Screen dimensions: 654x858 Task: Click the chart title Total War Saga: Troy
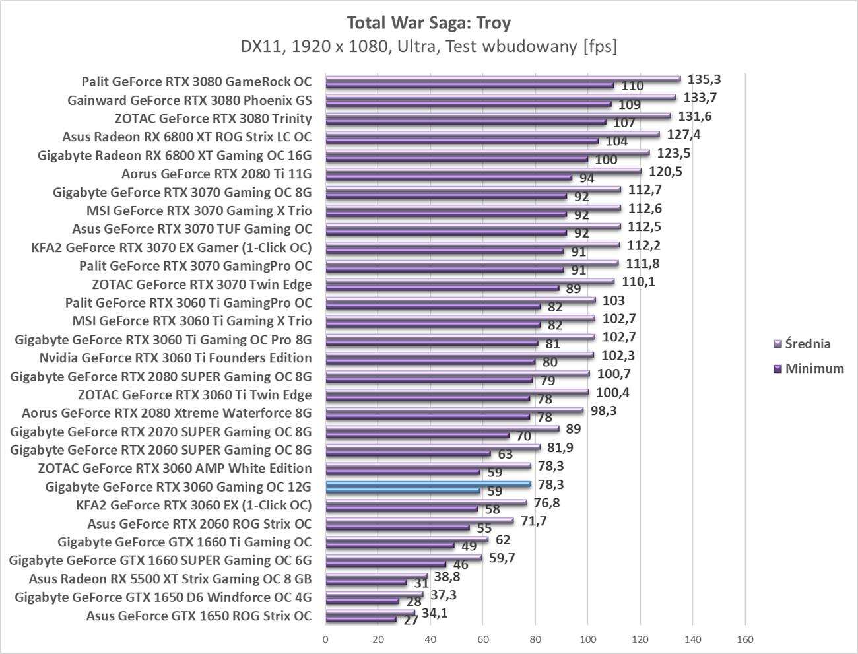[x=428, y=23]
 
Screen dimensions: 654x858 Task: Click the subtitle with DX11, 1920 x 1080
[x=428, y=46]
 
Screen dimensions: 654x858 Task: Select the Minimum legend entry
[x=814, y=369]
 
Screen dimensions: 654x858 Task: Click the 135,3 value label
[x=704, y=79]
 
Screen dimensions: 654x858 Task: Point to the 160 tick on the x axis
[x=744, y=639]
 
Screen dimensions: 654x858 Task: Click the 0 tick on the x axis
[x=325, y=639]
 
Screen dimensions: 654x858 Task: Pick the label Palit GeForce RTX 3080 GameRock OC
[x=196, y=82]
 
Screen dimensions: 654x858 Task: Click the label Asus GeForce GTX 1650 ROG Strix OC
[x=199, y=616]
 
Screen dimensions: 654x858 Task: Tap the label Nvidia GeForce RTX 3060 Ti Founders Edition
[x=176, y=358]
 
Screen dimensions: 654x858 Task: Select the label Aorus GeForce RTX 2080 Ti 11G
[x=216, y=174]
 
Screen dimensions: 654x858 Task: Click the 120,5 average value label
[x=665, y=172]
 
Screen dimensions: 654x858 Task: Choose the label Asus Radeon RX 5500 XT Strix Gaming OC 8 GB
[x=170, y=579]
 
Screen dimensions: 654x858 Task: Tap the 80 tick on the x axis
[x=535, y=639]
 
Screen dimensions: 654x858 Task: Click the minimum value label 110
[x=632, y=86]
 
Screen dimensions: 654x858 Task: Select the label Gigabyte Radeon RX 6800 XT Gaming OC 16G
[x=175, y=156]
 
